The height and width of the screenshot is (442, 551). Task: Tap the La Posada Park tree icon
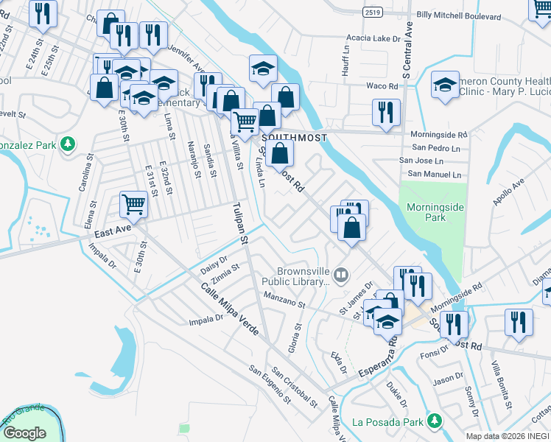click(435, 421)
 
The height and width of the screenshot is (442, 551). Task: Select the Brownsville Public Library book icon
click(340, 276)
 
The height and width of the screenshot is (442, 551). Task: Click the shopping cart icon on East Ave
click(133, 204)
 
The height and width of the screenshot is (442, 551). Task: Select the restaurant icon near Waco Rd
click(385, 112)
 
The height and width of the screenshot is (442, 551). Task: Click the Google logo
click(24, 432)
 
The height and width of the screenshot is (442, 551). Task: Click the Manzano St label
click(281, 300)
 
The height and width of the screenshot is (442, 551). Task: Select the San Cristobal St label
click(295, 387)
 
